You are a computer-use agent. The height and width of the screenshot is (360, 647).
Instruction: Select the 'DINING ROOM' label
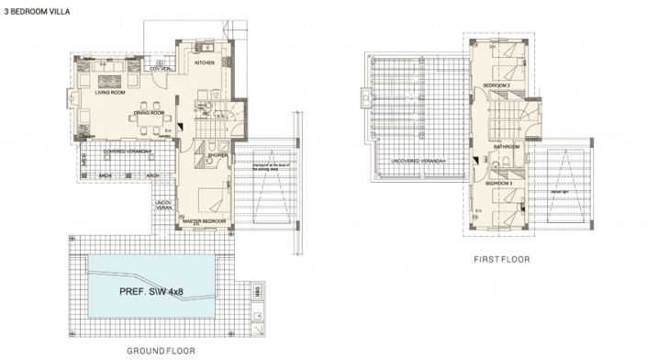pyautogui.click(x=149, y=113)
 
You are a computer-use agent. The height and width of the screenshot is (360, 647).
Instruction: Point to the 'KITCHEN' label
pyautogui.click(x=204, y=62)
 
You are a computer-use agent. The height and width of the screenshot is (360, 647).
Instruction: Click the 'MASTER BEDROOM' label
pyautogui.click(x=204, y=221)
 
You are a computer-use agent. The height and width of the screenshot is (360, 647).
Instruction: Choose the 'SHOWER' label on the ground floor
pyautogui.click(x=218, y=155)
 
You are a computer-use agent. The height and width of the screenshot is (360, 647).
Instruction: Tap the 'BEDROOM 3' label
pyautogui.click(x=498, y=184)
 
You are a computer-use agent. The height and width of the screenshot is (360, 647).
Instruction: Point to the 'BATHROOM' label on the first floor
pyautogui.click(x=506, y=147)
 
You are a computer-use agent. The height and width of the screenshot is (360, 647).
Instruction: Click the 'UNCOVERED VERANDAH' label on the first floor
pyautogui.click(x=418, y=162)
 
